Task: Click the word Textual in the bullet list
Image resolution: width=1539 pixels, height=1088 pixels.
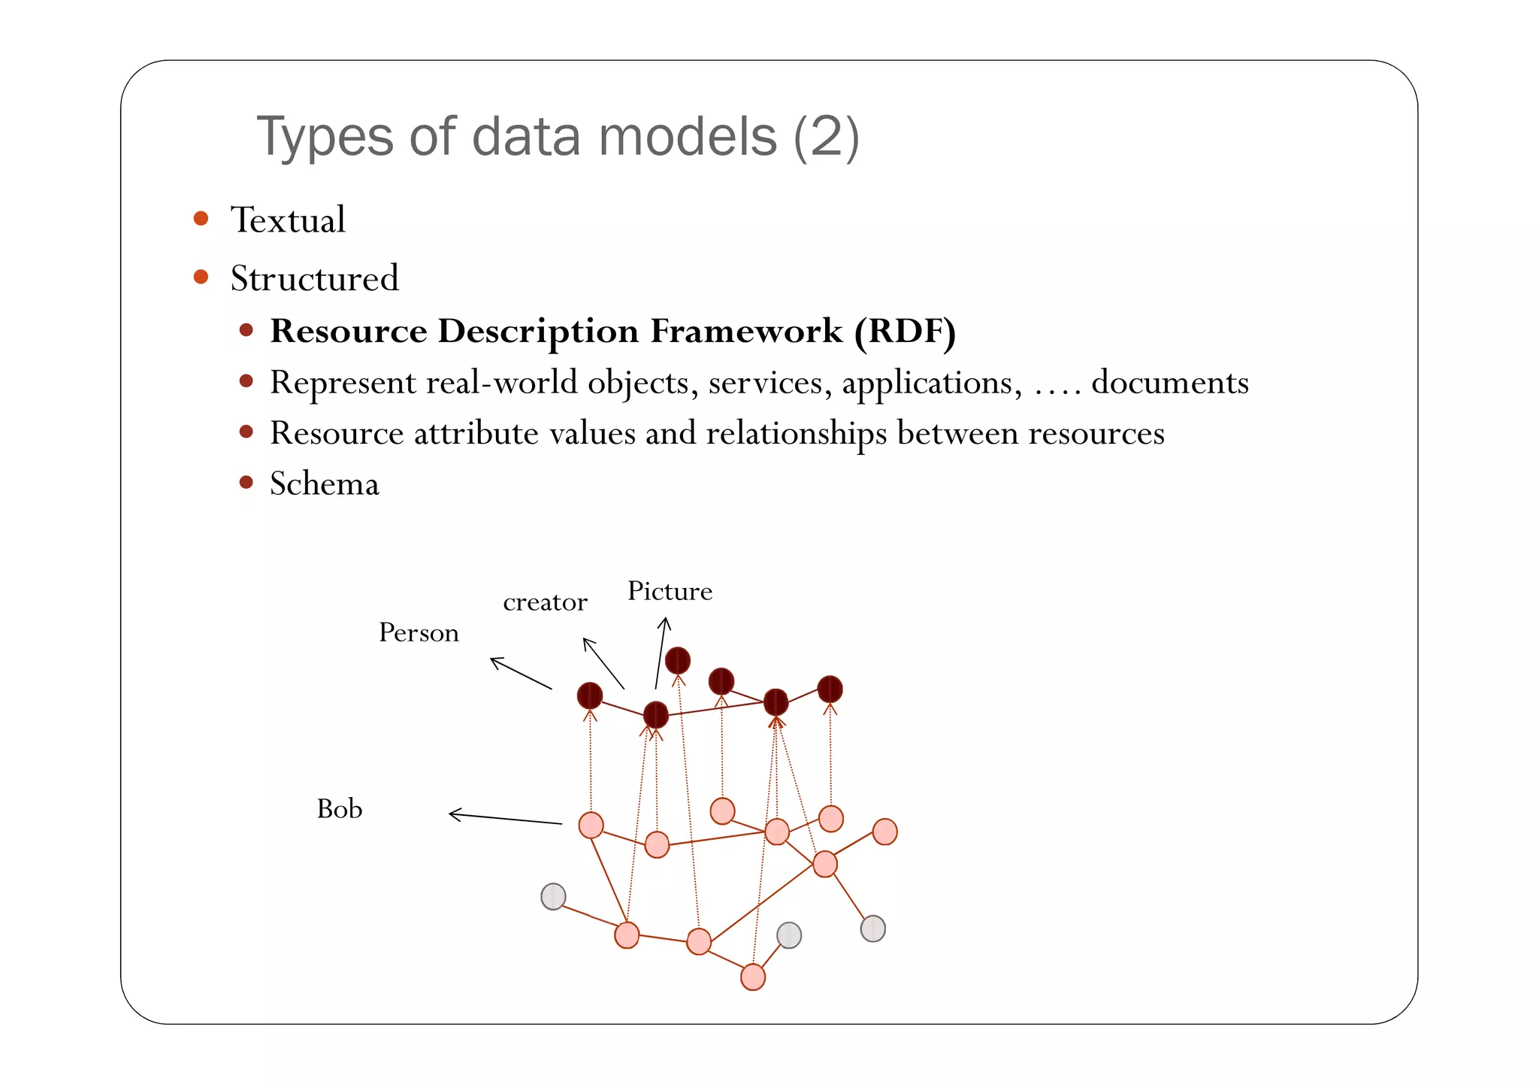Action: (x=288, y=220)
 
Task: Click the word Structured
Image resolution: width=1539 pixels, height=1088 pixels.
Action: (x=314, y=279)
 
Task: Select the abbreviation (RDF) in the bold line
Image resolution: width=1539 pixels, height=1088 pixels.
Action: (x=905, y=332)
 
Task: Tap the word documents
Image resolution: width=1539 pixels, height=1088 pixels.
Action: (x=1169, y=383)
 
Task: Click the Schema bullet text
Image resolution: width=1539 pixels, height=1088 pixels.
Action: (x=324, y=483)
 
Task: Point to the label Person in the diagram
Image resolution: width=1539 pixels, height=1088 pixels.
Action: (x=419, y=633)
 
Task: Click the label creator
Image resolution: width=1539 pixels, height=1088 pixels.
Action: (x=545, y=602)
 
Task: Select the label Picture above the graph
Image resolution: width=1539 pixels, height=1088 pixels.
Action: (x=670, y=592)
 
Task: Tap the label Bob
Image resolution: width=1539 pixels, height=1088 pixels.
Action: (x=340, y=810)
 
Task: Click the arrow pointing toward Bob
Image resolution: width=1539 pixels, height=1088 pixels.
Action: (x=504, y=819)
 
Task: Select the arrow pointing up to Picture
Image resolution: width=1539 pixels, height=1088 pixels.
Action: (x=661, y=652)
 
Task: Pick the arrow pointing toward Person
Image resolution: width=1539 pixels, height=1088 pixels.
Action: (x=520, y=673)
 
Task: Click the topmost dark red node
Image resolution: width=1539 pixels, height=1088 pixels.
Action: (x=677, y=660)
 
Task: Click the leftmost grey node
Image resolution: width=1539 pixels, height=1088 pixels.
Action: (x=553, y=896)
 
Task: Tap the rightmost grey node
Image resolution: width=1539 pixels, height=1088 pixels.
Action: (x=872, y=929)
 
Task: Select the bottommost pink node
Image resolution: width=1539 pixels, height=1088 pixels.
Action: (x=752, y=977)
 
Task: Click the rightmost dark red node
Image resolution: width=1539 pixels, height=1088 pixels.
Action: (x=830, y=689)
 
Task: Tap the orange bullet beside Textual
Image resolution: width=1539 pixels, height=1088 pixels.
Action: (x=201, y=219)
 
